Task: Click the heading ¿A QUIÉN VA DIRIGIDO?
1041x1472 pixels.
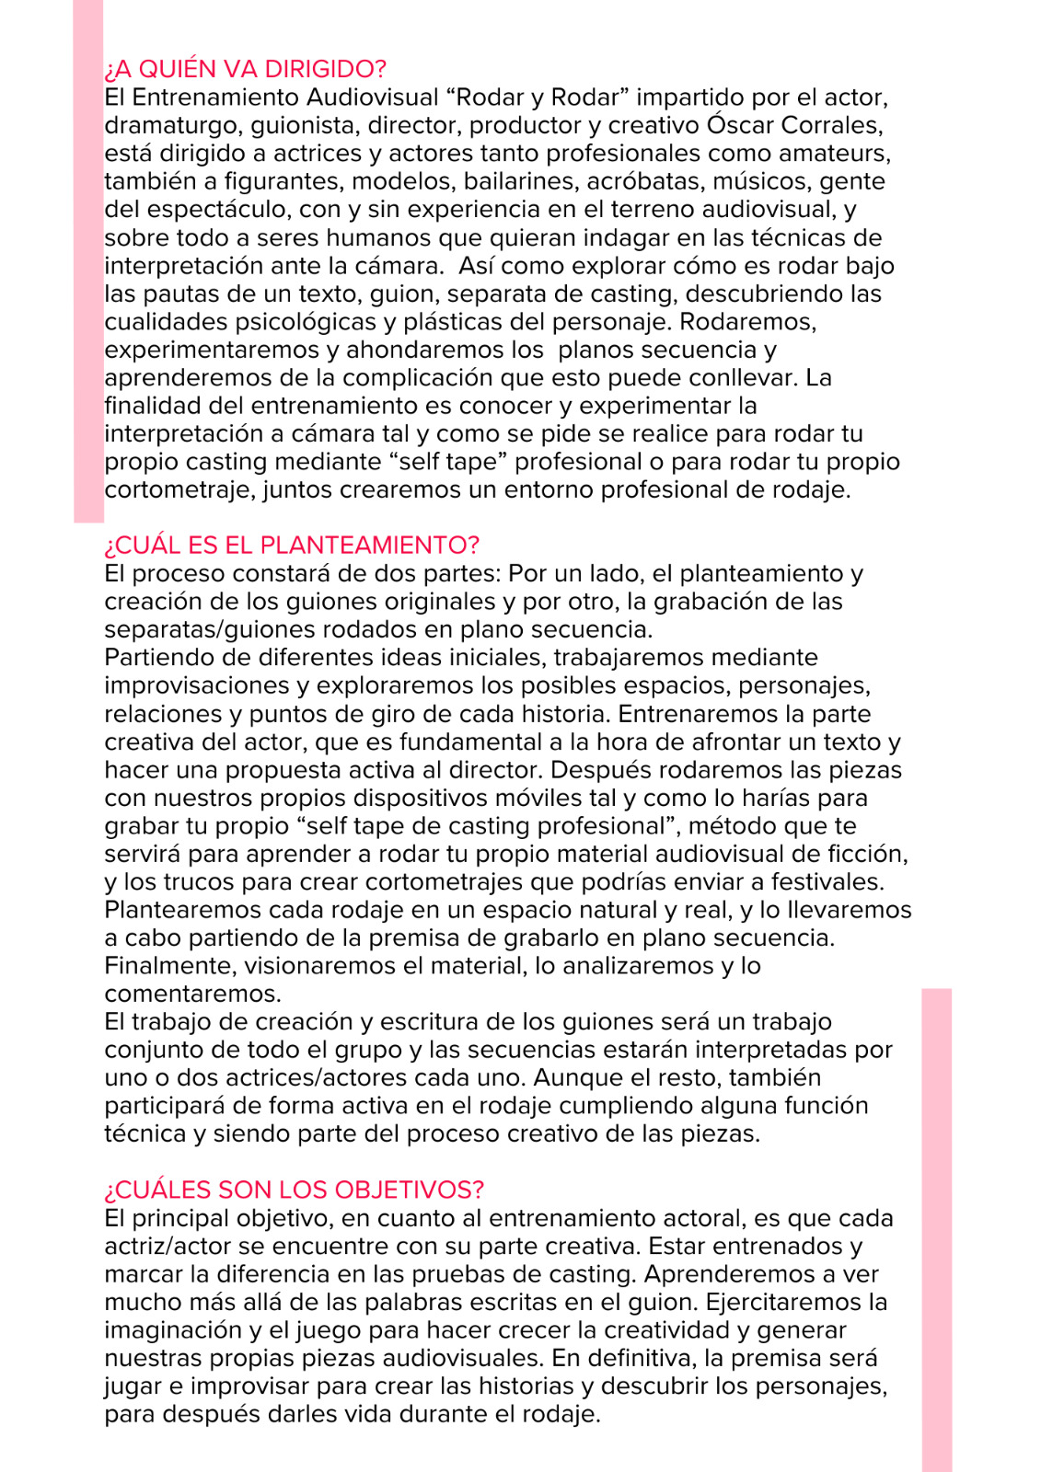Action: pyautogui.click(x=245, y=69)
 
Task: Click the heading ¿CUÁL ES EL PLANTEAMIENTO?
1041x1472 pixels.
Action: pyautogui.click(x=292, y=545)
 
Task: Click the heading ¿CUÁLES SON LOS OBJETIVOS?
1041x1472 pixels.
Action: pyautogui.click(x=294, y=1190)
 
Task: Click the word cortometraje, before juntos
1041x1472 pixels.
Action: pyautogui.click(x=179, y=489)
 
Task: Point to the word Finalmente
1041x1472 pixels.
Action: pyautogui.click(x=169, y=966)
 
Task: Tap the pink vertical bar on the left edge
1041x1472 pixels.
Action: pyautogui.click(x=88, y=262)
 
